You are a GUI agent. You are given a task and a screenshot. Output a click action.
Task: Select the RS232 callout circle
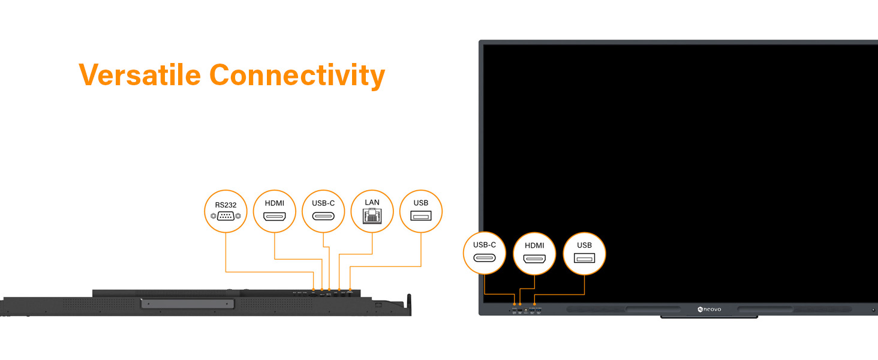point(225,211)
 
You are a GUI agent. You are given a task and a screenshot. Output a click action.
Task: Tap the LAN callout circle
point(372,211)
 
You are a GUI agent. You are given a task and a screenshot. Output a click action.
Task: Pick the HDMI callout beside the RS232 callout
point(275,211)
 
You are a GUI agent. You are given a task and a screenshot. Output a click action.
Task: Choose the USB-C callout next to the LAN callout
point(323,211)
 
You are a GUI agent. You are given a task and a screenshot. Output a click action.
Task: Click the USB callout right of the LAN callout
point(421,211)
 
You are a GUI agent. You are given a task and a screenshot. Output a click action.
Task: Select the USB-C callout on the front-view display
point(485,253)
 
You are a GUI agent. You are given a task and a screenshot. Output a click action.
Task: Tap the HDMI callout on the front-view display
point(534,253)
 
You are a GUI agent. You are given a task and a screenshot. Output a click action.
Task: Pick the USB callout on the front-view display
point(584,253)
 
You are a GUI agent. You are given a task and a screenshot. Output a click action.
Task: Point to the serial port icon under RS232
point(225,217)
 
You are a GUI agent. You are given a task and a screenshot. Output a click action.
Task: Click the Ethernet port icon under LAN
point(372,216)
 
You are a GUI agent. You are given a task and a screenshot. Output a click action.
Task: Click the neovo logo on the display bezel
point(709,310)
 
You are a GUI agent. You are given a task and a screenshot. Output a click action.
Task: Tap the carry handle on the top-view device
point(188,304)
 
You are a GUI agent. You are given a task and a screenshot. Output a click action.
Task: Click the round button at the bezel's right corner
point(873,310)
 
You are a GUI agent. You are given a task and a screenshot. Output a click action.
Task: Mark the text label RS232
point(225,205)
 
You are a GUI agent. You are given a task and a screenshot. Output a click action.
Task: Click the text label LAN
point(372,202)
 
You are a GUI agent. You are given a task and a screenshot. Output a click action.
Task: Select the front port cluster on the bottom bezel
point(527,311)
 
